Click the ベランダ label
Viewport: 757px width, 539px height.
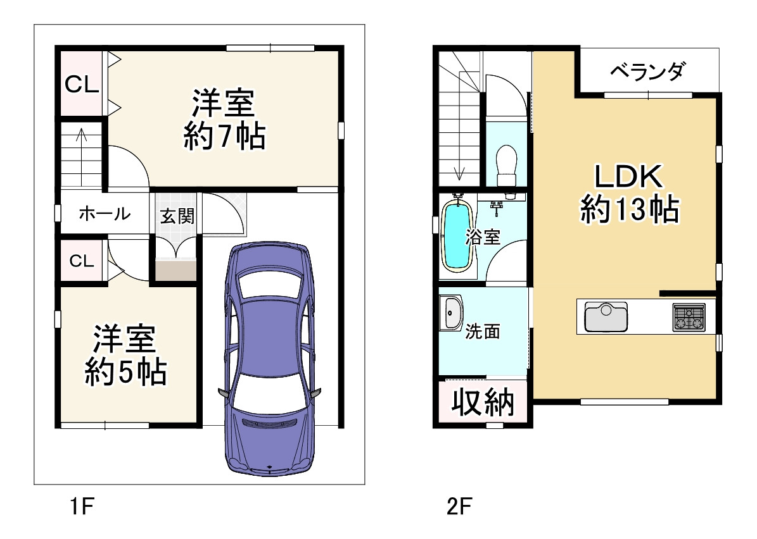pos(647,71)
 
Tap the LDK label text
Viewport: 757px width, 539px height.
pos(629,177)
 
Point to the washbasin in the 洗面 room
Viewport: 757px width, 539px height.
pos(452,313)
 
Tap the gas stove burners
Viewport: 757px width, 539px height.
pos(689,317)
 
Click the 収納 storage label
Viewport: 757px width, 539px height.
pos(483,402)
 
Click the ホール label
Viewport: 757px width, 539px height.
pos(105,214)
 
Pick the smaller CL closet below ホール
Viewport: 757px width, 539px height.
pos(82,261)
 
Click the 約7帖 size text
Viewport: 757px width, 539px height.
pos(224,137)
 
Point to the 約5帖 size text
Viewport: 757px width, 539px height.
pos(126,373)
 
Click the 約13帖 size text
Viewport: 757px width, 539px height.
pos(630,209)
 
